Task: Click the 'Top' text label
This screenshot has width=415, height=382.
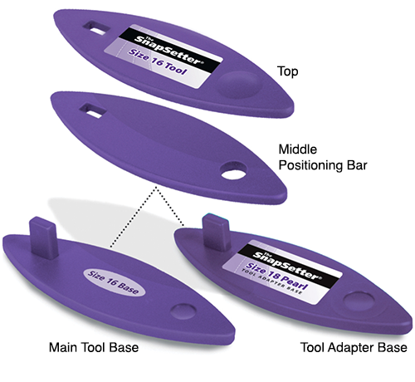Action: click(288, 71)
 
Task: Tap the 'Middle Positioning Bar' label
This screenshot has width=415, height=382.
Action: click(323, 157)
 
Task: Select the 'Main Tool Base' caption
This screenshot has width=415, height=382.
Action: click(94, 347)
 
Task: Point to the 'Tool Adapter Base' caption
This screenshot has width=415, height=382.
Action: click(354, 347)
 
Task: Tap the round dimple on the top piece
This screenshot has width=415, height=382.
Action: click(239, 84)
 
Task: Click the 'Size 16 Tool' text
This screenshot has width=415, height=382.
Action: click(158, 62)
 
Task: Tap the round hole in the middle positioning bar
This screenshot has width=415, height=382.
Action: click(234, 171)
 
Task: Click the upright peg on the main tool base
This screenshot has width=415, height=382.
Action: click(43, 238)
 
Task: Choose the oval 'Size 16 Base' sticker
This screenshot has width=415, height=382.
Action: click(114, 282)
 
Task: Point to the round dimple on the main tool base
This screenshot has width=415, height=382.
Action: click(183, 311)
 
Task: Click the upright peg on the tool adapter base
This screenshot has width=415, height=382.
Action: click(217, 233)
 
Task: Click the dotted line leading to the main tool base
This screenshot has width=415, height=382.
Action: click(134, 217)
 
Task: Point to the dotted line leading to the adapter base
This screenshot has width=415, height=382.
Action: click(170, 206)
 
